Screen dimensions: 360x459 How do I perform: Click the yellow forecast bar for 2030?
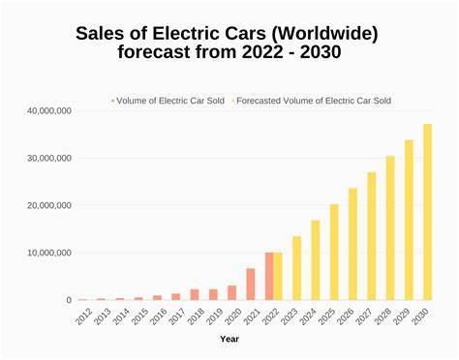tap(427, 212)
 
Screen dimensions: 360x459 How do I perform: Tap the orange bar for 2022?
tap(269, 276)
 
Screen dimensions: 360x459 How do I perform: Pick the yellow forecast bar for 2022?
tap(278, 276)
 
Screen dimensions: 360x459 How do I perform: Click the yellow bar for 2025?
tap(334, 252)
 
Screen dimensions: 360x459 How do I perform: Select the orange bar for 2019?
tap(213, 294)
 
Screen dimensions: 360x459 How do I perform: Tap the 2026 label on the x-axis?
tap(349, 316)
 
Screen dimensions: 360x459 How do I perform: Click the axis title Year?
tap(229, 340)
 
